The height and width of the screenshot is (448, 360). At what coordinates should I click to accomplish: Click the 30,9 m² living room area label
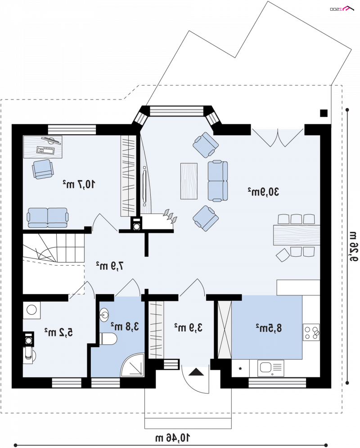tap(263, 192)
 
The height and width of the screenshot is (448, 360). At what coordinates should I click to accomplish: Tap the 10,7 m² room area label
tap(79, 184)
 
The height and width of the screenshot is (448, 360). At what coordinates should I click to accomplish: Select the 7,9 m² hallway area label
tap(110, 266)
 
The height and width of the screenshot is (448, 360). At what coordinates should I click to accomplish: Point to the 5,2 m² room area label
tap(58, 332)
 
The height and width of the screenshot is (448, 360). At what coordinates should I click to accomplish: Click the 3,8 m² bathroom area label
tap(125, 326)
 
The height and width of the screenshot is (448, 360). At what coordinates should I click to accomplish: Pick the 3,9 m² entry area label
tap(189, 327)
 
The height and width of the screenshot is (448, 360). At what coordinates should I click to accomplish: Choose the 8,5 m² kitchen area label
tap(269, 328)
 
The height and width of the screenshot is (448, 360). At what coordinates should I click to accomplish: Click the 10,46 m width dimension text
tap(173, 438)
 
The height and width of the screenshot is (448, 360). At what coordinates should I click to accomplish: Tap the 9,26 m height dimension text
tap(353, 247)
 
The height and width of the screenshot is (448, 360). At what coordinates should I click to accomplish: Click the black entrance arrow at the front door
tap(196, 372)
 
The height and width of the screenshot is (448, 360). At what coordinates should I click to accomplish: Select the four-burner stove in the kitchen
tap(311, 332)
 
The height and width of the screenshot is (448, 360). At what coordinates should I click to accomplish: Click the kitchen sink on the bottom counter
tap(270, 368)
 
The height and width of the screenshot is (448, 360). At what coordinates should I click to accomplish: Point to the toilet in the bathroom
tap(108, 339)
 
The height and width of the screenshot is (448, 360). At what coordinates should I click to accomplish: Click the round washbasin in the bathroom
tap(104, 315)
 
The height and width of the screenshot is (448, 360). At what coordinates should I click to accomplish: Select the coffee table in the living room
tap(189, 181)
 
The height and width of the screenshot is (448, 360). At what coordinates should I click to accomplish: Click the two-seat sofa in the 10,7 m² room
tap(48, 217)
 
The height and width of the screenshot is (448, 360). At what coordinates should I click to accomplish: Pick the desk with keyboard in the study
tap(43, 147)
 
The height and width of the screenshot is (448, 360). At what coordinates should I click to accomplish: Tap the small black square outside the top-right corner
tap(324, 113)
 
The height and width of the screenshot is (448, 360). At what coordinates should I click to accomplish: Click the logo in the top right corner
tap(342, 9)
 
